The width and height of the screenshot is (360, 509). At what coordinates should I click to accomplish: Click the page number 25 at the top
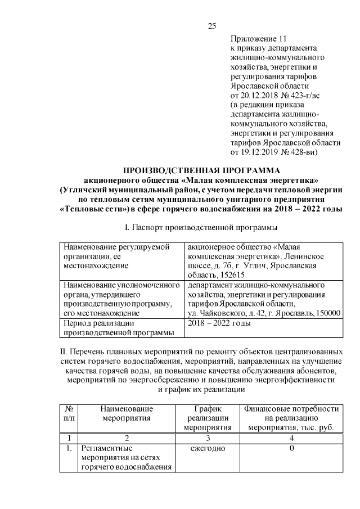coord(212,25)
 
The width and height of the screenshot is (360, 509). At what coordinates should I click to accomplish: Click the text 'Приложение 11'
coord(259,39)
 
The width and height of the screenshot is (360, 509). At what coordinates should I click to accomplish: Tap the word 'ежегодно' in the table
coord(208,448)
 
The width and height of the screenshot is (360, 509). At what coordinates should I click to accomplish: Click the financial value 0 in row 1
coord(291,448)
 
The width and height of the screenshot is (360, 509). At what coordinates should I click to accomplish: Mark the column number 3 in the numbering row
coord(208,437)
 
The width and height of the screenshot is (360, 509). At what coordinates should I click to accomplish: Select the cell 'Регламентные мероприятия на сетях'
coord(125,458)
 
